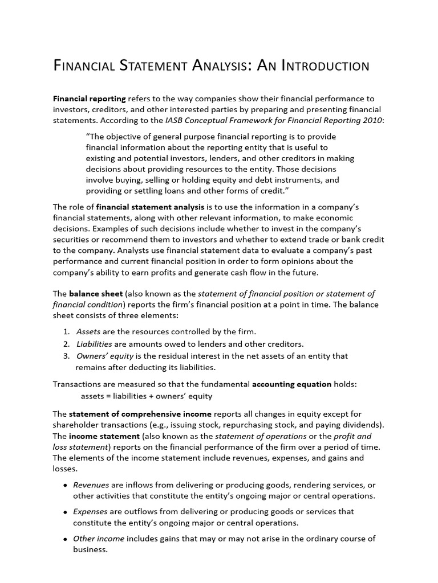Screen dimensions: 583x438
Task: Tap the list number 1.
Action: click(66, 331)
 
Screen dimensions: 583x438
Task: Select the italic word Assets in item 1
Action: click(88, 331)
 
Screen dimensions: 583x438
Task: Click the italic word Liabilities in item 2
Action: click(94, 344)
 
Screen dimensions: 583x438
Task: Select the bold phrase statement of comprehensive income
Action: click(140, 414)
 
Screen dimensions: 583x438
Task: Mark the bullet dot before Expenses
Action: click(66, 512)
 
